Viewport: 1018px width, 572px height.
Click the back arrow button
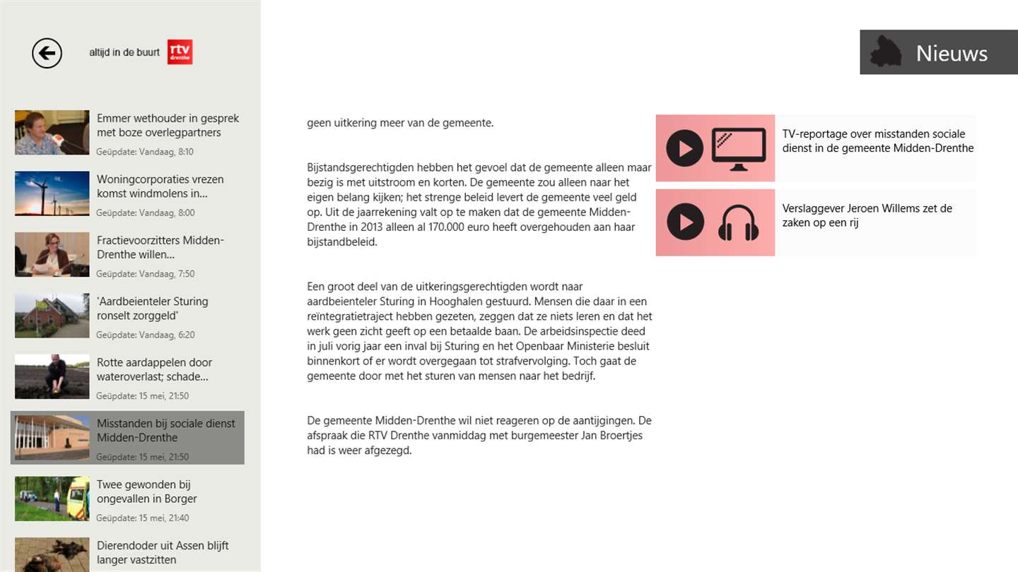coord(47,53)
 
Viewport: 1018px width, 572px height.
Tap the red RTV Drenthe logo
coord(180,52)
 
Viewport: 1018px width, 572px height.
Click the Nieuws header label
coord(951,53)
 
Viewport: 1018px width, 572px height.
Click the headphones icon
coord(738,222)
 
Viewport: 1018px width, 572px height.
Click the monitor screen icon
coord(738,148)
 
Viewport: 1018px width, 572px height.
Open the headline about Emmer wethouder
coord(168,125)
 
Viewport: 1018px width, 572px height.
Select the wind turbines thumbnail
coord(52,193)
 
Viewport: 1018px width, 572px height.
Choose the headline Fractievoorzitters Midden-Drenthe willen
coord(160,247)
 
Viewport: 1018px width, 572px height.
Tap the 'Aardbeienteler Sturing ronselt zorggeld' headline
coord(152,308)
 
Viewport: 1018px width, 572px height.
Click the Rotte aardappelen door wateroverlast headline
coord(154,369)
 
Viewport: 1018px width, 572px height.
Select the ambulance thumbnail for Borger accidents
coord(52,499)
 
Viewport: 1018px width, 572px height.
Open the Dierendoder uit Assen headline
coord(162,552)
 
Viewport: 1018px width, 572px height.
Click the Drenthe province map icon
coord(885,52)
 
